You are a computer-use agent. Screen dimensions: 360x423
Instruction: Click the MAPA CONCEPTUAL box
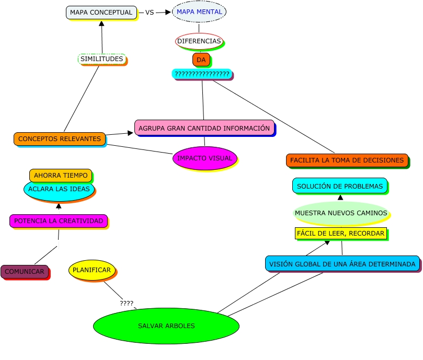click(101, 13)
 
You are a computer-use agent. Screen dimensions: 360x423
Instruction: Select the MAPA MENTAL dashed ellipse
click(199, 11)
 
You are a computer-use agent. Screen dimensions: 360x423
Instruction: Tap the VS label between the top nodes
click(150, 13)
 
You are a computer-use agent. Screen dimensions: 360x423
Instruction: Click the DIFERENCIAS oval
click(199, 41)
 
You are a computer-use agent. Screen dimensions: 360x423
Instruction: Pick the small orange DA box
click(201, 60)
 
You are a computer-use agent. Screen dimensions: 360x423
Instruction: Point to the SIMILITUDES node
click(102, 59)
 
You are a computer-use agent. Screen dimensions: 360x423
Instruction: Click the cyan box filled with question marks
click(202, 74)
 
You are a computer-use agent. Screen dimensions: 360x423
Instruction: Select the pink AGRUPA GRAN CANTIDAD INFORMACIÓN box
click(204, 128)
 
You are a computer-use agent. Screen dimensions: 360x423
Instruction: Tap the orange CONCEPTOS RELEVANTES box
click(60, 139)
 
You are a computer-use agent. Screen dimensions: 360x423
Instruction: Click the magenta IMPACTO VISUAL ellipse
click(204, 158)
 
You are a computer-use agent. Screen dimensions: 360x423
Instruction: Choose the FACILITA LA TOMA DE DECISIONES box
click(347, 160)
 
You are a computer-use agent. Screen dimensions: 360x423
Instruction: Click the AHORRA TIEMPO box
click(61, 176)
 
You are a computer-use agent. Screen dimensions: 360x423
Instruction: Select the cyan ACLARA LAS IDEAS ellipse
click(59, 190)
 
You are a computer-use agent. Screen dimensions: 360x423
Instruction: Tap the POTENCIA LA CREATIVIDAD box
click(59, 221)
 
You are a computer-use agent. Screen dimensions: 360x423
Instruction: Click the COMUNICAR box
click(25, 272)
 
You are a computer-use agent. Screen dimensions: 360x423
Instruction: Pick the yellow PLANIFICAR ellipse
click(92, 270)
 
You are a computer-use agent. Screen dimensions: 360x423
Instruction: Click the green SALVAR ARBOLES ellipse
click(166, 326)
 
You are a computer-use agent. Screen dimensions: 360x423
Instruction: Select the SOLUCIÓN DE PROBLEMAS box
click(340, 186)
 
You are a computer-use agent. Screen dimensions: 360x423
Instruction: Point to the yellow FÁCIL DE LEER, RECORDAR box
click(341, 233)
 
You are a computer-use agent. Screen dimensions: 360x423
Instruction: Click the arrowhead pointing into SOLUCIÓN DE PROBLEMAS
click(340, 198)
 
